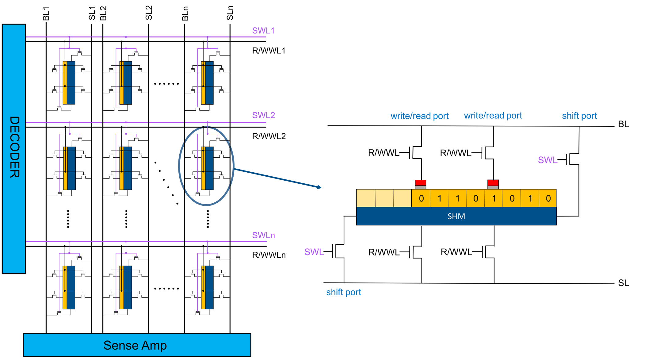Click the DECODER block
(x=14, y=149)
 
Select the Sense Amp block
(x=137, y=345)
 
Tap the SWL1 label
(x=263, y=31)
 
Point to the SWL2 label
(x=263, y=115)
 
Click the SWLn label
(x=263, y=235)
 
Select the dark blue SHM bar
(x=456, y=216)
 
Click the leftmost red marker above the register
(x=420, y=183)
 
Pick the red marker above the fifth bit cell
(x=493, y=183)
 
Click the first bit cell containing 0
(x=421, y=198)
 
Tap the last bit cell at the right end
(x=548, y=198)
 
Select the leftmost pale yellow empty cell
(x=366, y=198)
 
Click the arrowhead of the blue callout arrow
(x=319, y=187)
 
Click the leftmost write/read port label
(x=419, y=116)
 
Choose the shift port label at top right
(x=579, y=116)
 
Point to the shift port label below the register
(x=343, y=292)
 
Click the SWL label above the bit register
(x=548, y=160)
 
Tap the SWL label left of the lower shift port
(x=314, y=252)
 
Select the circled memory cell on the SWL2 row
(x=207, y=168)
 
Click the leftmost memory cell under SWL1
(x=69, y=83)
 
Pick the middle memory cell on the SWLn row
(x=126, y=287)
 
